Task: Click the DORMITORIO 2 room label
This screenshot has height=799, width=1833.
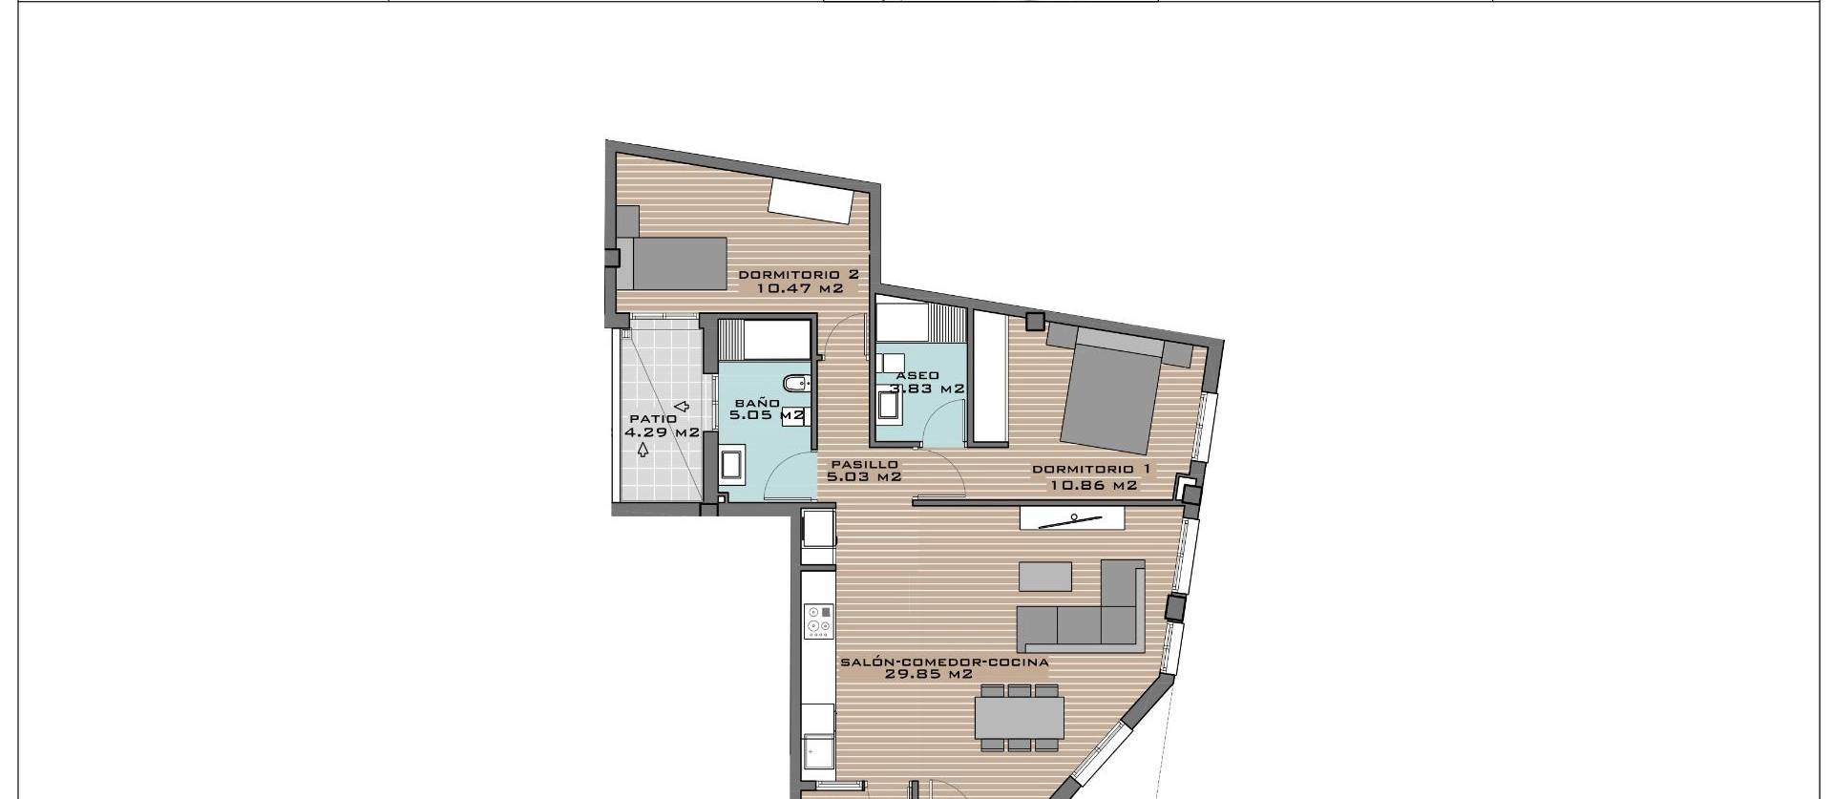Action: tap(798, 274)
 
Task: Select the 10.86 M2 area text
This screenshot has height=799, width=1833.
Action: tap(1093, 485)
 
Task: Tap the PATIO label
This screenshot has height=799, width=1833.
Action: tap(653, 419)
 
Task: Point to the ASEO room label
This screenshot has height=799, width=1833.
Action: tap(918, 375)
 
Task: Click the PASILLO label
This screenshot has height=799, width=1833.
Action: tap(864, 464)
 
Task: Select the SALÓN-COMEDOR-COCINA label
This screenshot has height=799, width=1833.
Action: tap(943, 662)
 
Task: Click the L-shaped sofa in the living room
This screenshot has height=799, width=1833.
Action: tap(1088, 611)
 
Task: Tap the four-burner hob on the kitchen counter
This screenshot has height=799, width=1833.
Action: tap(818, 620)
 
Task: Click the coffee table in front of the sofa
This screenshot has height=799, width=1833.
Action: tap(1045, 577)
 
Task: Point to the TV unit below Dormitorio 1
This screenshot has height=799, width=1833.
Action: tap(1073, 518)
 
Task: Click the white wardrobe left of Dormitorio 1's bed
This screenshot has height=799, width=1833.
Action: tap(990, 377)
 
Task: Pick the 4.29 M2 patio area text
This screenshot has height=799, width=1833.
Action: tap(662, 432)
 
